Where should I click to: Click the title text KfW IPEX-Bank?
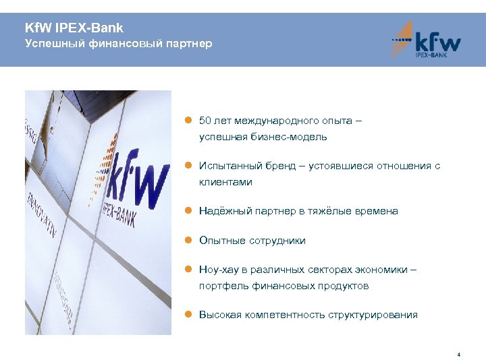coord(74,28)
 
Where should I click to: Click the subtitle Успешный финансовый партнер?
coord(118,44)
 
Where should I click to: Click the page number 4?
coord(458,355)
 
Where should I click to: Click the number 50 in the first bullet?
coord(205,121)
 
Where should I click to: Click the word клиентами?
coord(225,182)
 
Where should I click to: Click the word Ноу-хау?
coord(218,270)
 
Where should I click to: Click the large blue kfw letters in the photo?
coord(138,175)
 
